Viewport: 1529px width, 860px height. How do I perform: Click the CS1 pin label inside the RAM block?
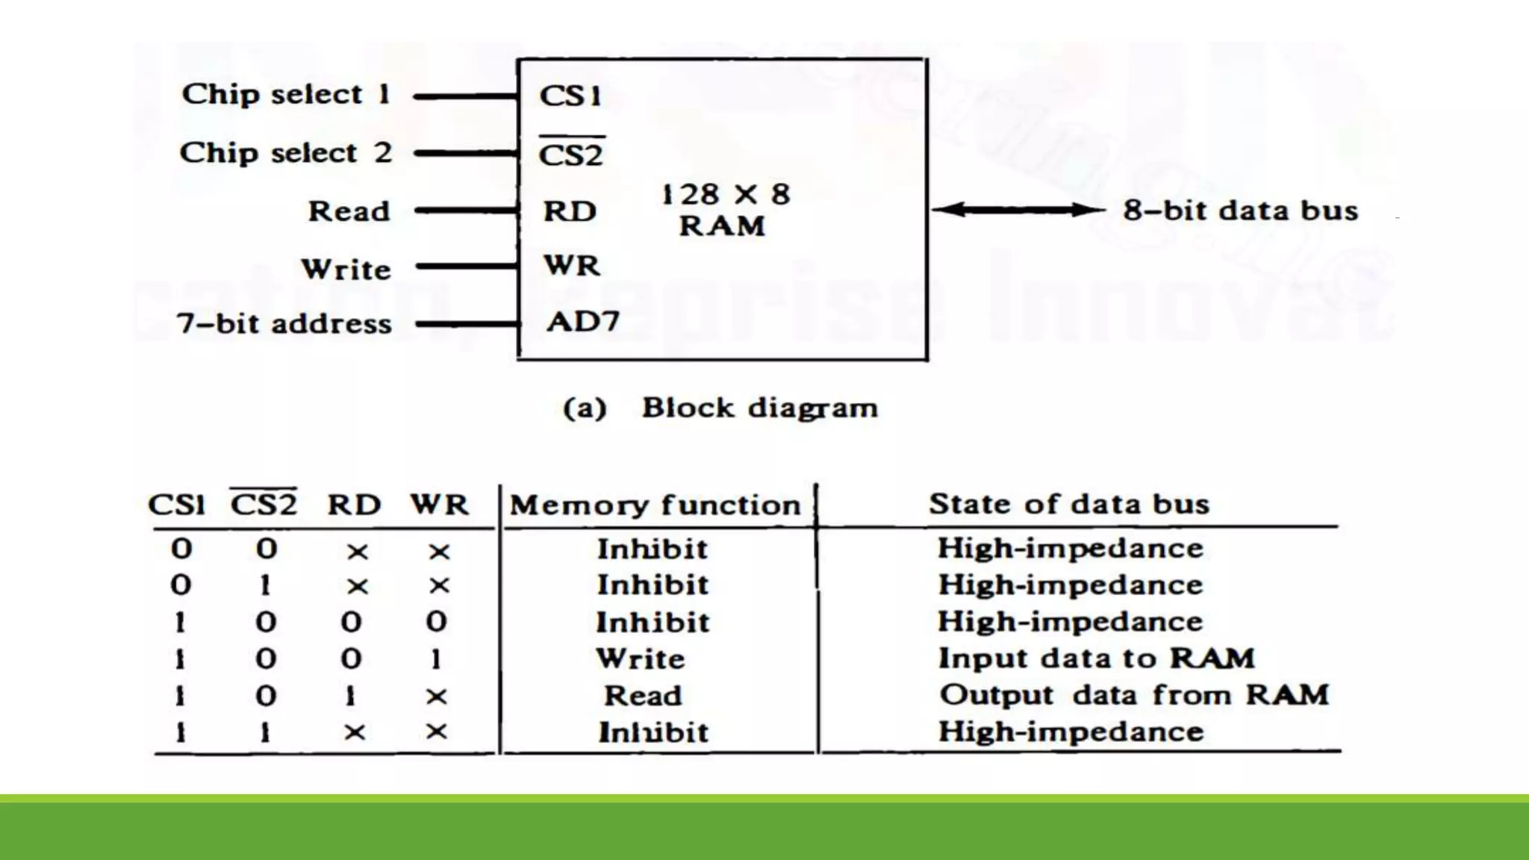coord(570,96)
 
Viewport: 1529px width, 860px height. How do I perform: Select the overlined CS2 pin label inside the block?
coord(571,155)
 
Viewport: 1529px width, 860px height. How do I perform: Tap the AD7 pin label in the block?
coord(583,322)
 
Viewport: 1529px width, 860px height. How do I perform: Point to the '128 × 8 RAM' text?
coord(723,210)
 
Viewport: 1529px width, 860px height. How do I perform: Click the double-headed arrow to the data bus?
coord(1018,210)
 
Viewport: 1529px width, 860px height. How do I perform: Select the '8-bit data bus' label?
coord(1240,211)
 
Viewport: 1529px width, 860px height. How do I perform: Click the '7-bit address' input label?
coord(284,324)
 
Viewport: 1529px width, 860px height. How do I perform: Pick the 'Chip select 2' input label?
coord(286,153)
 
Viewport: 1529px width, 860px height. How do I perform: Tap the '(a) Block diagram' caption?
coord(720,408)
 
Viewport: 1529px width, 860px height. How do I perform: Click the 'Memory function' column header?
coord(655,505)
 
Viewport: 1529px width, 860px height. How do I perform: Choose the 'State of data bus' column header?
coord(1068,504)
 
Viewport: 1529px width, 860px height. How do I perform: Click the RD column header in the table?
coord(354,505)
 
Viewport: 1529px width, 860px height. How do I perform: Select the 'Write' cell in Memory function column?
coord(641,658)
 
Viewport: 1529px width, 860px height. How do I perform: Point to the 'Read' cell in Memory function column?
coord(643,696)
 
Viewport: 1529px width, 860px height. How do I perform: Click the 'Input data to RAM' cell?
coord(1096,658)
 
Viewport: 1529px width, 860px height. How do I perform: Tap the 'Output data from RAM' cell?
coord(1134,695)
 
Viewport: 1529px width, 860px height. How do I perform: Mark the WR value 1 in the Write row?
coord(436,659)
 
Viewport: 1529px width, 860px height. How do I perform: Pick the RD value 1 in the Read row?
coord(350,697)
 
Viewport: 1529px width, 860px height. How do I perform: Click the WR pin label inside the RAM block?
coord(571,266)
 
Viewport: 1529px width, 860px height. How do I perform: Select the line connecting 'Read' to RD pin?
coord(467,211)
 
